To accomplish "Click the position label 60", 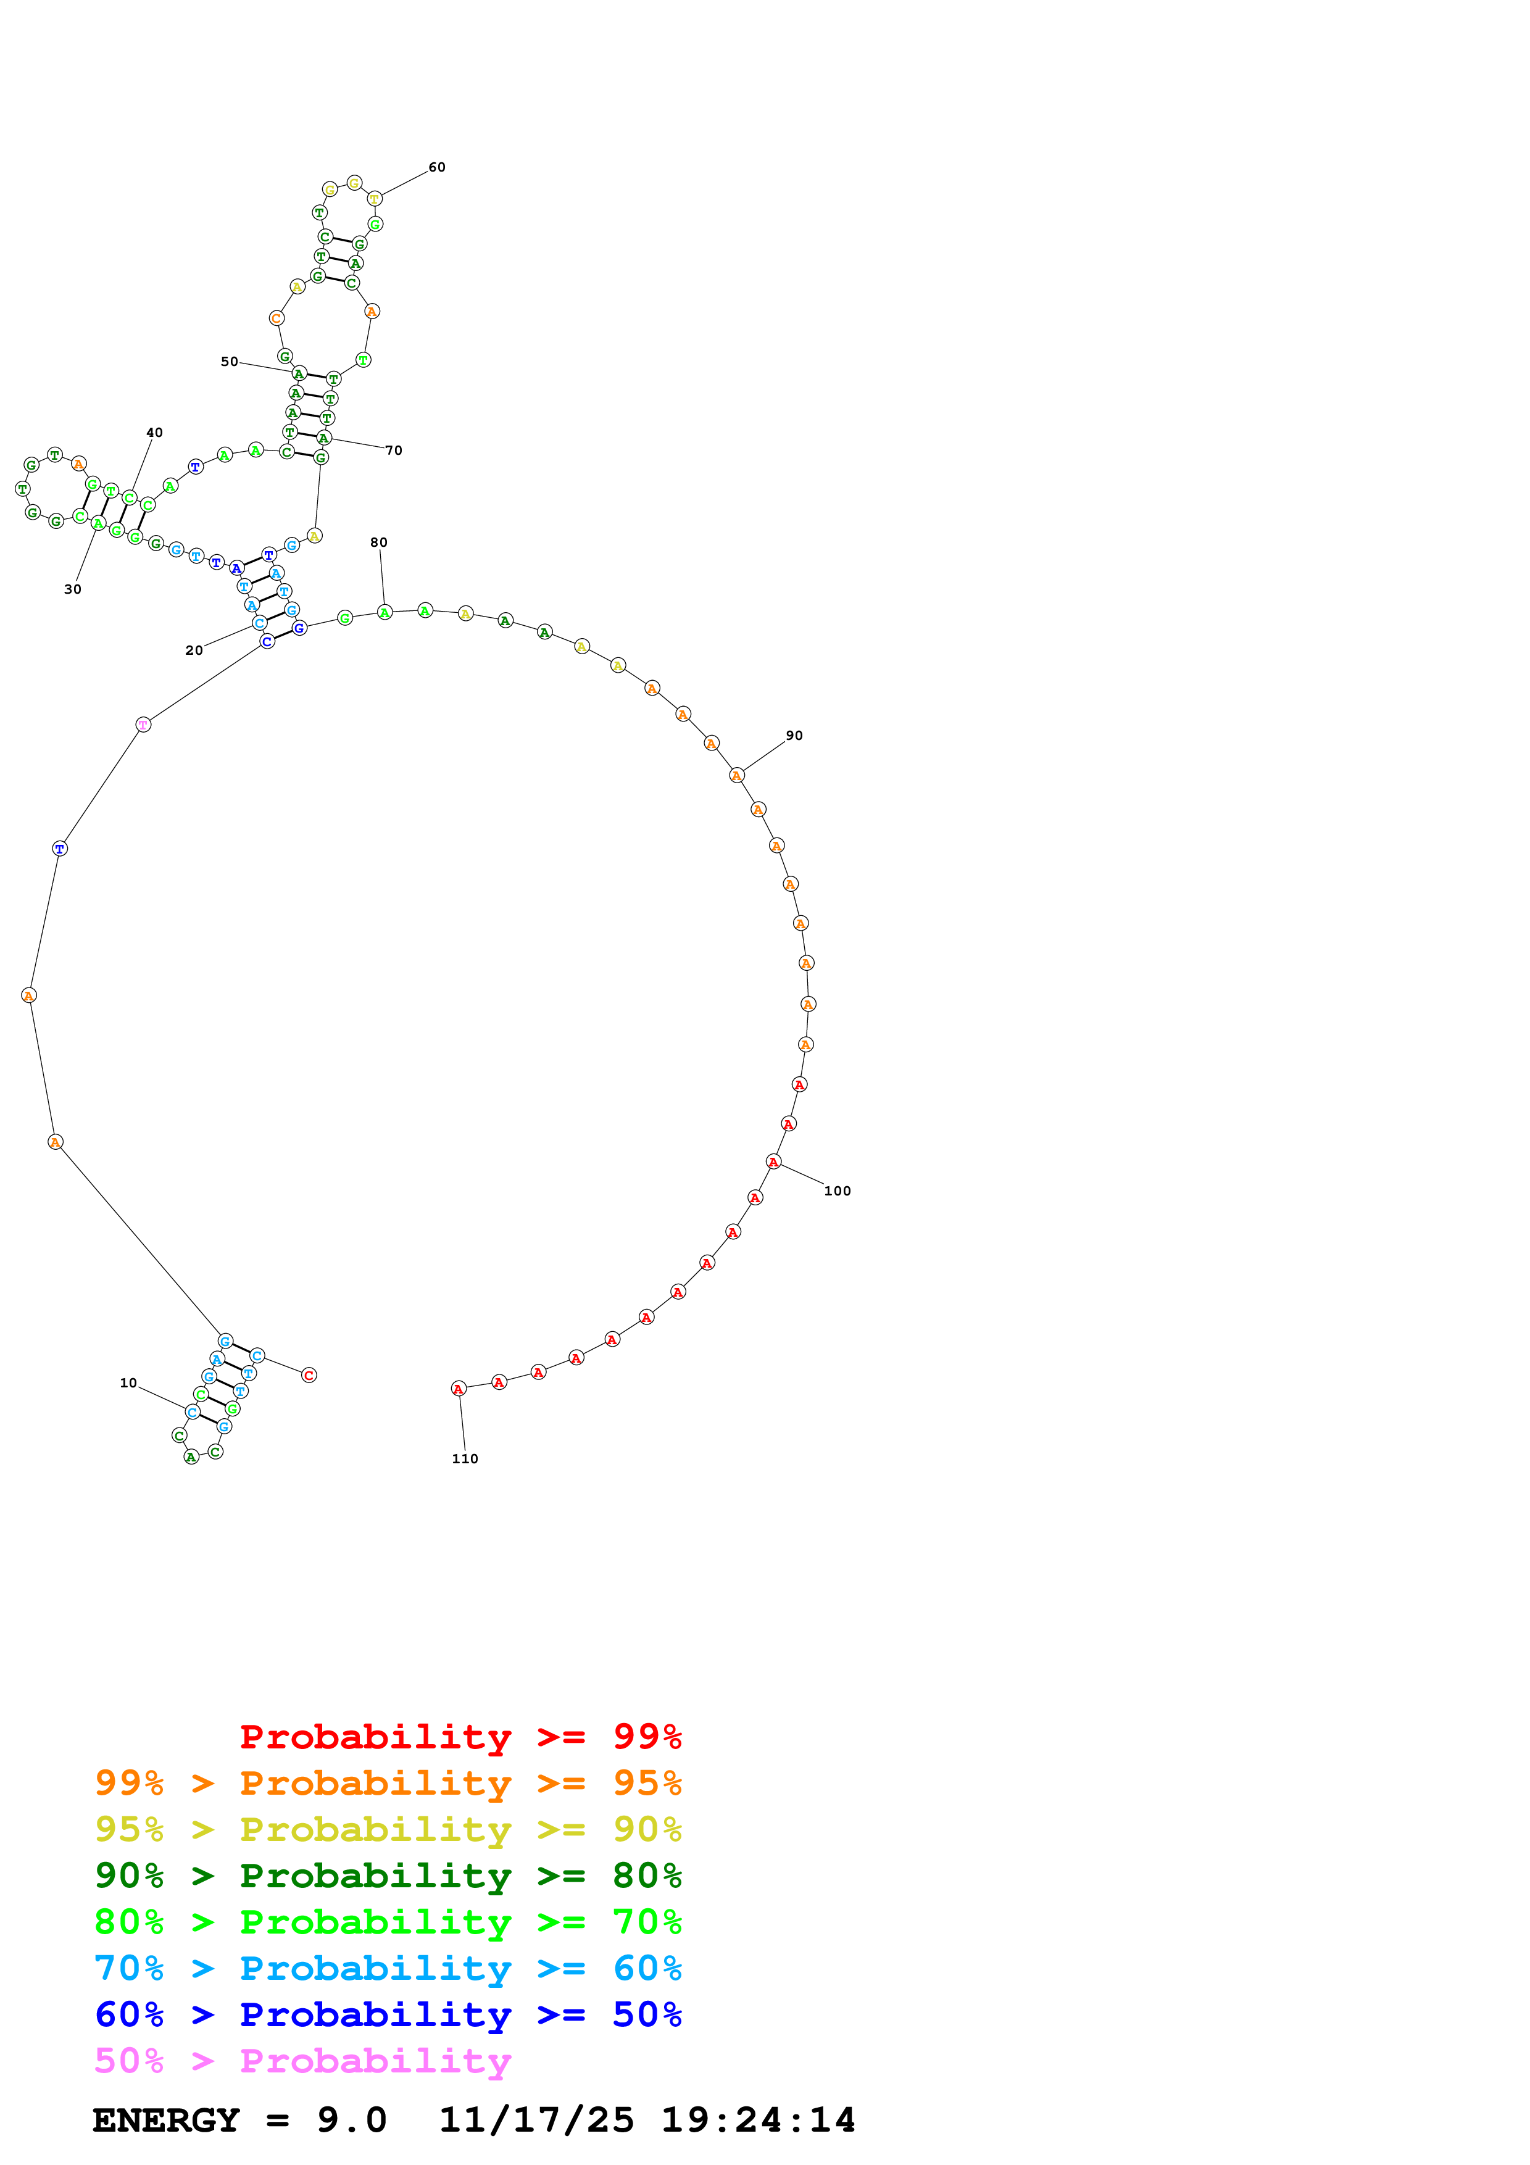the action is pos(436,167).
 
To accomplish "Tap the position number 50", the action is pos(229,361).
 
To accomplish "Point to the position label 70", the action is pos(394,450).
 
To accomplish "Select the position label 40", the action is pos(154,432).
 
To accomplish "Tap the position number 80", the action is pos(378,542).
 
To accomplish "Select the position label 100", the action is pos(837,1191).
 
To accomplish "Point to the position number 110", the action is pos(465,1459).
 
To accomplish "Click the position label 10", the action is pos(128,1382).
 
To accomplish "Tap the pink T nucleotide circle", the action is pos(143,724).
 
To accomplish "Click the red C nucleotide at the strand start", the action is pos(309,1375).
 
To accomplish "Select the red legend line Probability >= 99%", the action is pos(460,1736).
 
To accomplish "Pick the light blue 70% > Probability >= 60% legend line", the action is pos(388,1968).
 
